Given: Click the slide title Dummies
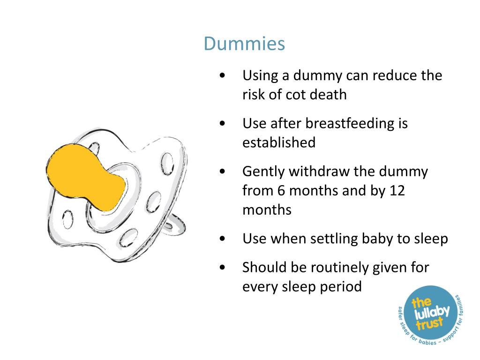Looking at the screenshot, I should pyautogui.click(x=244, y=45).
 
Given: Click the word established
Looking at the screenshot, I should pyautogui.click(x=279, y=142).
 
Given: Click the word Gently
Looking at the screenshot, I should pyautogui.click(x=263, y=172).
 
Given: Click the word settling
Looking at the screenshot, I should pyautogui.click(x=334, y=239).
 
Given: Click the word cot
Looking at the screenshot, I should pyautogui.click(x=295, y=95).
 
